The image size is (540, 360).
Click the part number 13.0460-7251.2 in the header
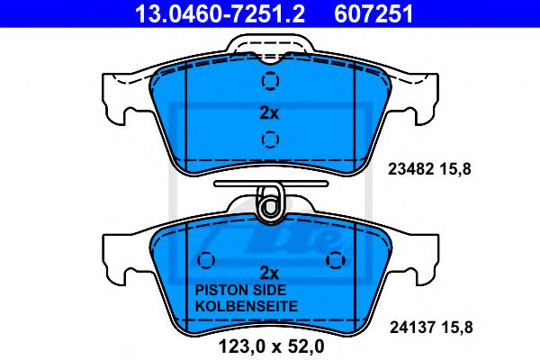click(220, 14)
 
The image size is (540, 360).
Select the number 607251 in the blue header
click(373, 14)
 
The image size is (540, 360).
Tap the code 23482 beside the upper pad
click(410, 169)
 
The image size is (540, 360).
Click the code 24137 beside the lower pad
click(412, 328)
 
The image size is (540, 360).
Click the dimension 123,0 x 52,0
click(272, 346)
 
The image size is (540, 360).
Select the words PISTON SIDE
click(240, 290)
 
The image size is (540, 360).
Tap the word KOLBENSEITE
click(247, 306)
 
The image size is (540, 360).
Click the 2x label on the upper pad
click(269, 112)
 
